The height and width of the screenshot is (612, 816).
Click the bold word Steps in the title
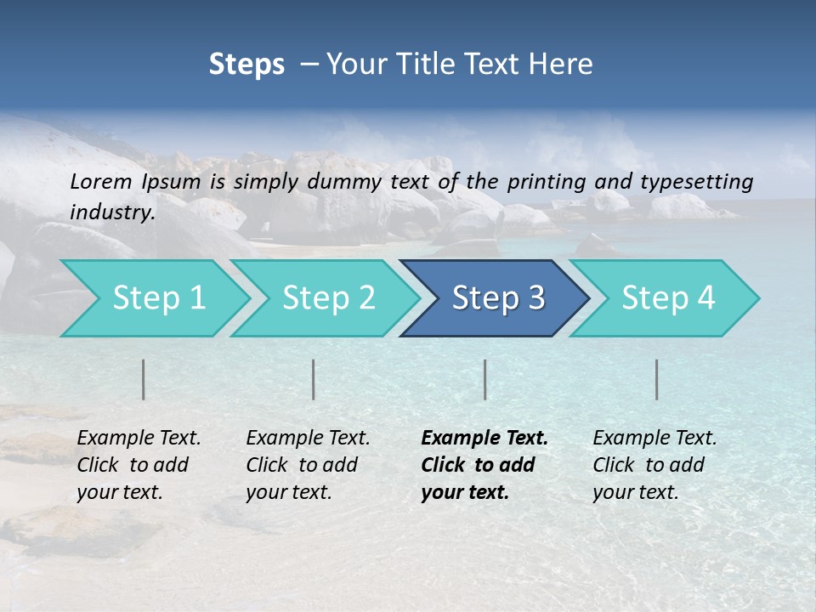point(246,65)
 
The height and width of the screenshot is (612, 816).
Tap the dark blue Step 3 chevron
point(498,298)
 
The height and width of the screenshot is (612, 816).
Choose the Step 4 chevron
point(668,298)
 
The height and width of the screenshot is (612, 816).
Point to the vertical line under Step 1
point(144,379)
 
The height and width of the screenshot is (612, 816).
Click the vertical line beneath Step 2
point(314,379)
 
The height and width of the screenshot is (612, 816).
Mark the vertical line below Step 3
point(485,379)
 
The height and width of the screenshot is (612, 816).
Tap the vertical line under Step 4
point(657,379)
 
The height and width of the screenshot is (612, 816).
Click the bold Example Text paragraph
point(484,465)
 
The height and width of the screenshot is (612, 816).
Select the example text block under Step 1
point(139,465)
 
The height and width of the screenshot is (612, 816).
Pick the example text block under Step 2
point(308,465)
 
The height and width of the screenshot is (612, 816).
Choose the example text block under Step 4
point(654,465)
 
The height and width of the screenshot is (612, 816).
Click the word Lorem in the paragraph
point(101,181)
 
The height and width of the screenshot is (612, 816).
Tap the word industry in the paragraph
point(111,212)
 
